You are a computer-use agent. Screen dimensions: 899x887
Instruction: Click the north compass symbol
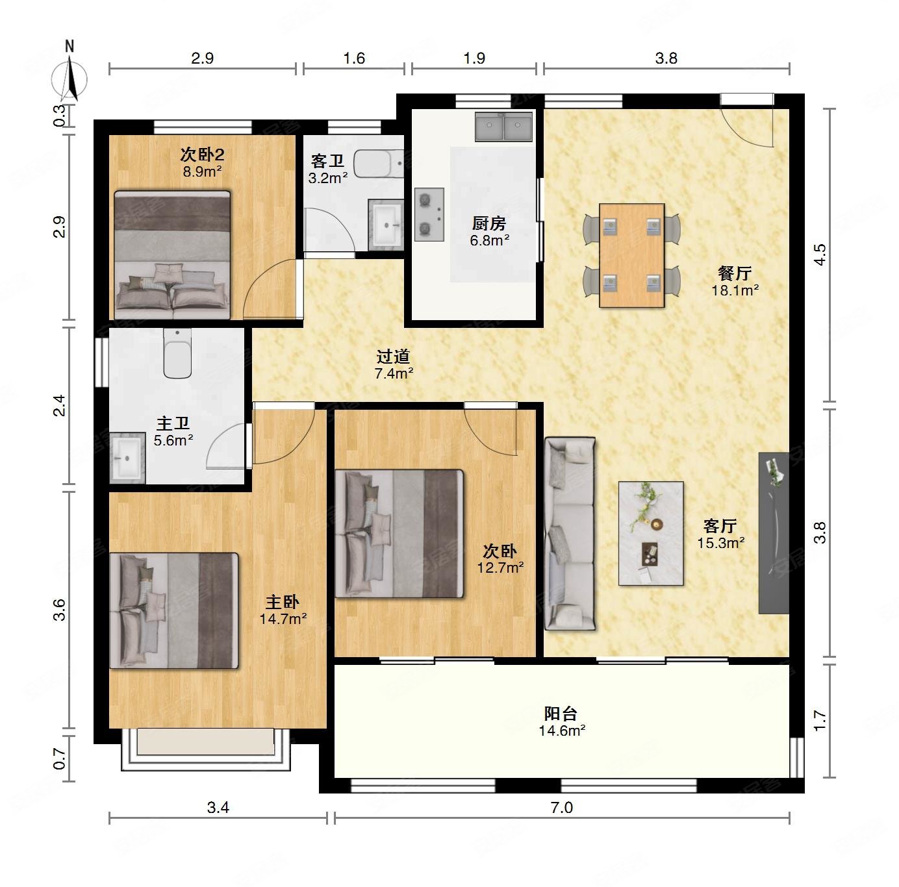pos(70,78)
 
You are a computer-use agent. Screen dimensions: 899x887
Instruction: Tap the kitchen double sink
pos(503,127)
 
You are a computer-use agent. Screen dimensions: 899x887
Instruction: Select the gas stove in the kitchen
pos(429,215)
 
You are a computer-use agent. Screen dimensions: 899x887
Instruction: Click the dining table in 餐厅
pos(631,255)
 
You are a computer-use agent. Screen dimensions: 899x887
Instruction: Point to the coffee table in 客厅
pos(651,533)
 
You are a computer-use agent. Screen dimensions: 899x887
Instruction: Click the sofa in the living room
pos(570,534)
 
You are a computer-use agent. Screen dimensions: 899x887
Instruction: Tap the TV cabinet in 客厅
pos(774,533)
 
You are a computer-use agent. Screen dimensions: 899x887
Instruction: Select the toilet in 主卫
pos(177,353)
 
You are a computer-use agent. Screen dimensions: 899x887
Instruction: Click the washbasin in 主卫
pos(127,458)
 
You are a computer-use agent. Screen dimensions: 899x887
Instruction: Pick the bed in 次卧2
pos(173,255)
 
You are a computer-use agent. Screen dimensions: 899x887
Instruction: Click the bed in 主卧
pos(174,611)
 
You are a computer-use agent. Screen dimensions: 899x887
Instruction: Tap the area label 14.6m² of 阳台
pos(562,731)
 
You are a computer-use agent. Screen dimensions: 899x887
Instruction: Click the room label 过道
pos(393,357)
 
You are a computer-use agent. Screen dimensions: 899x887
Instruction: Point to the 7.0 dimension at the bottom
pos(562,807)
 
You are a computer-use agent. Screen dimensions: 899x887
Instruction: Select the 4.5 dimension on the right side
pos(820,255)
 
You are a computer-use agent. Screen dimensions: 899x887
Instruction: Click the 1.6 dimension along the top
pos(354,58)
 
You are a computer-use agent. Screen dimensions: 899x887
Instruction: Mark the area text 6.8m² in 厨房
pos(489,240)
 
